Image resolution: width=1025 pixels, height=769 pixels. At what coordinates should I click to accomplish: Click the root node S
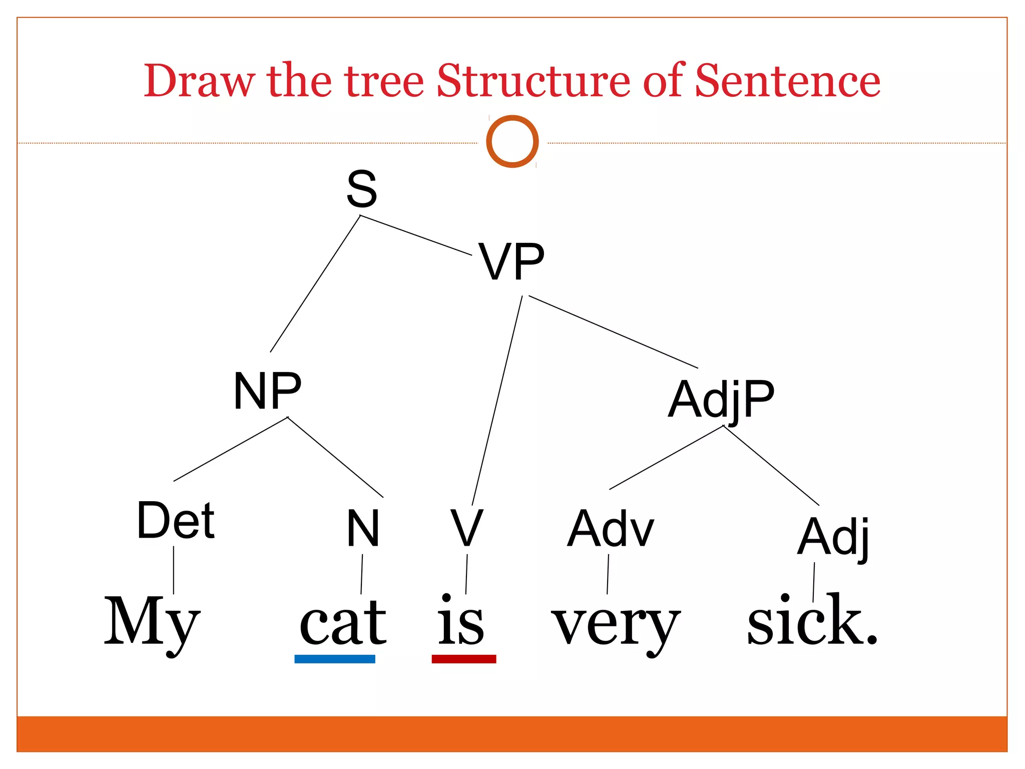tap(361, 189)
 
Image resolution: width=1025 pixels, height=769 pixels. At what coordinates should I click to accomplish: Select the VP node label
tap(511, 262)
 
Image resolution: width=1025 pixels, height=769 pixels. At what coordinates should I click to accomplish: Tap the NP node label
tap(267, 391)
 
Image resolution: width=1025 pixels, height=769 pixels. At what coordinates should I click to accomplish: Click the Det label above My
tap(176, 521)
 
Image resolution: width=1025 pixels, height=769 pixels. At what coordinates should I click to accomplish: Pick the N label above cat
tap(363, 528)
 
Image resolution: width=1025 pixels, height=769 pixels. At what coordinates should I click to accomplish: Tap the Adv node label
tap(611, 529)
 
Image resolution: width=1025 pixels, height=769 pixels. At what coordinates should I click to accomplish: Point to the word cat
tap(343, 623)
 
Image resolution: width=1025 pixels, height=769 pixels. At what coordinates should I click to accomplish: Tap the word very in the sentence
tap(616, 626)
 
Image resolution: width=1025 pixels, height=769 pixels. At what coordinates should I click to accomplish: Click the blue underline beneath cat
tap(335, 659)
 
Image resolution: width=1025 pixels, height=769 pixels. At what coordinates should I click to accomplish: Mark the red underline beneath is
tap(464, 659)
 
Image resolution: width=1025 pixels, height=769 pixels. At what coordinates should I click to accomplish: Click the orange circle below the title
tap(512, 142)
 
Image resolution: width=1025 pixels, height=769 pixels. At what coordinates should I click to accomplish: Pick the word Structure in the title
tap(534, 81)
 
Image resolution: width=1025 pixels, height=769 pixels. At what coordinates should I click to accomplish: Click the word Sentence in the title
tap(788, 81)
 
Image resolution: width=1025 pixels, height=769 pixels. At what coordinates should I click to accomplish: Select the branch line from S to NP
tap(315, 283)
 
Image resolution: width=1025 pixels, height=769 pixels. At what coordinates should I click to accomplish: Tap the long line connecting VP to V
tap(497, 401)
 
